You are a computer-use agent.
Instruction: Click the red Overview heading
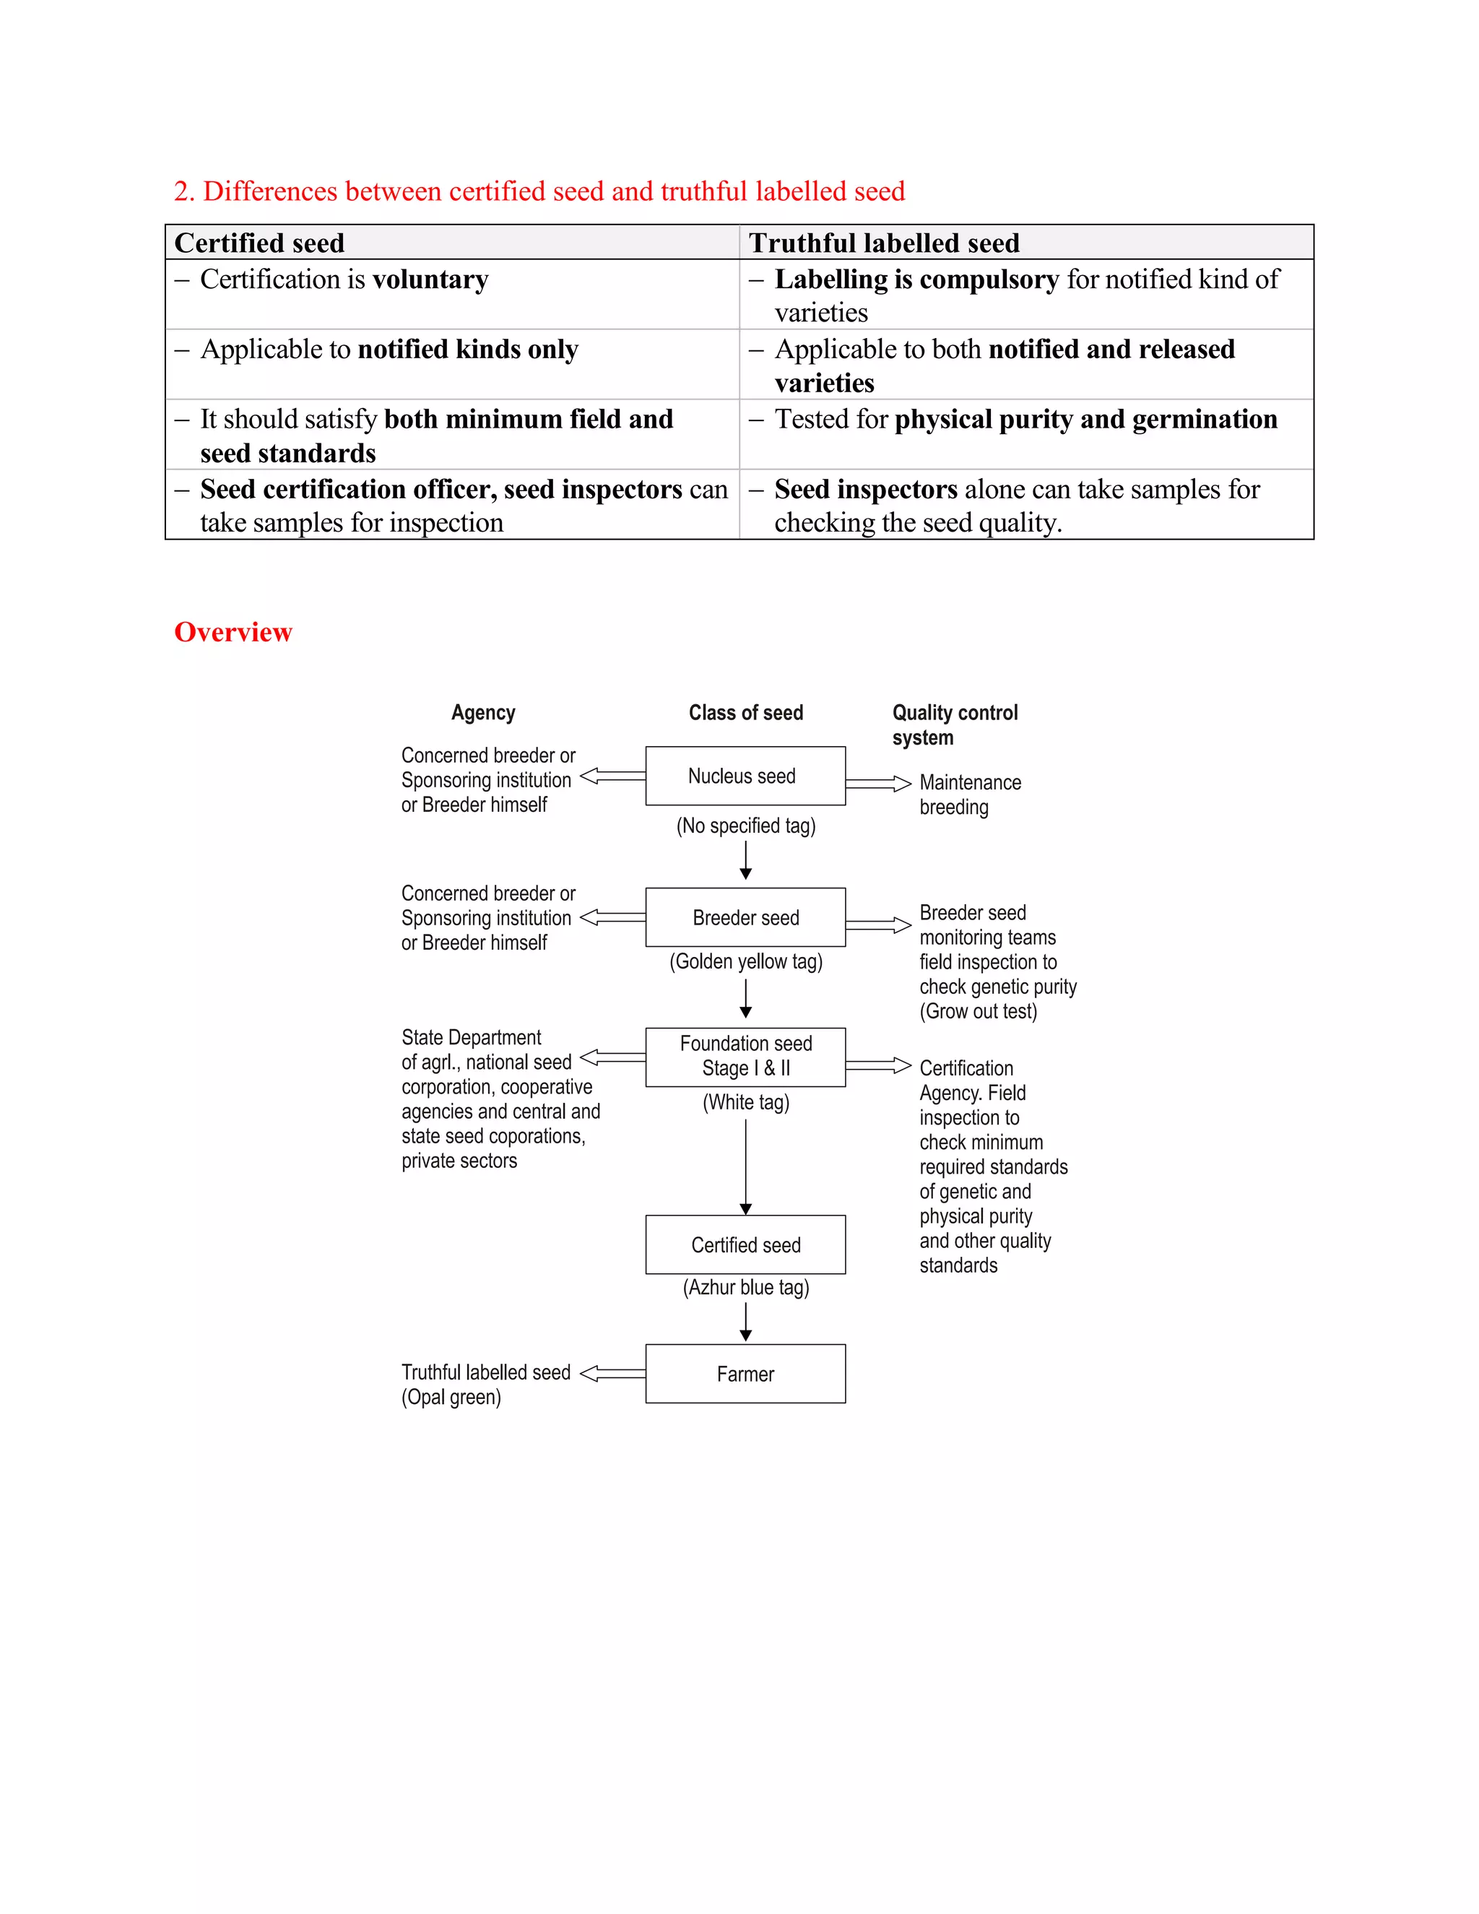pos(233,632)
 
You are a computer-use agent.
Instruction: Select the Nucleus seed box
pos(745,776)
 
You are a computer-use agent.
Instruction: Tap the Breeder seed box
pos(745,917)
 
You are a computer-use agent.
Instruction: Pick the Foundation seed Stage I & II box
pos(745,1056)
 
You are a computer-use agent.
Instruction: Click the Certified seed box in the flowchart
pos(745,1244)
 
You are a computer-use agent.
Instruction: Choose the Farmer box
pos(745,1373)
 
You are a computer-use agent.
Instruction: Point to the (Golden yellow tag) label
pos(745,961)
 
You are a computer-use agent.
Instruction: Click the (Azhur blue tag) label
pos(745,1287)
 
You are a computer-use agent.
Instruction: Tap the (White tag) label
pos(745,1102)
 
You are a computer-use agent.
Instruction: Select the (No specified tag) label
pos(745,826)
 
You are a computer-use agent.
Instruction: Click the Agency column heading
pos(483,712)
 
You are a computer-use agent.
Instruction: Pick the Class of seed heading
pos(745,712)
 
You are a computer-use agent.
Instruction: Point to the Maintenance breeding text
pos(969,794)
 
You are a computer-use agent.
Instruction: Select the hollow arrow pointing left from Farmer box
pos(612,1373)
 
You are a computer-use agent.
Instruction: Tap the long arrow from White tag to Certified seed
pos(745,1166)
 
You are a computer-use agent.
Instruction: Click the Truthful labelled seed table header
pos(883,243)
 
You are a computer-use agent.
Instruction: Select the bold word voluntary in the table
pos(430,280)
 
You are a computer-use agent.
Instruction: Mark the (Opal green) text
pos(451,1397)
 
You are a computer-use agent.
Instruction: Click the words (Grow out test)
pos(978,1011)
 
